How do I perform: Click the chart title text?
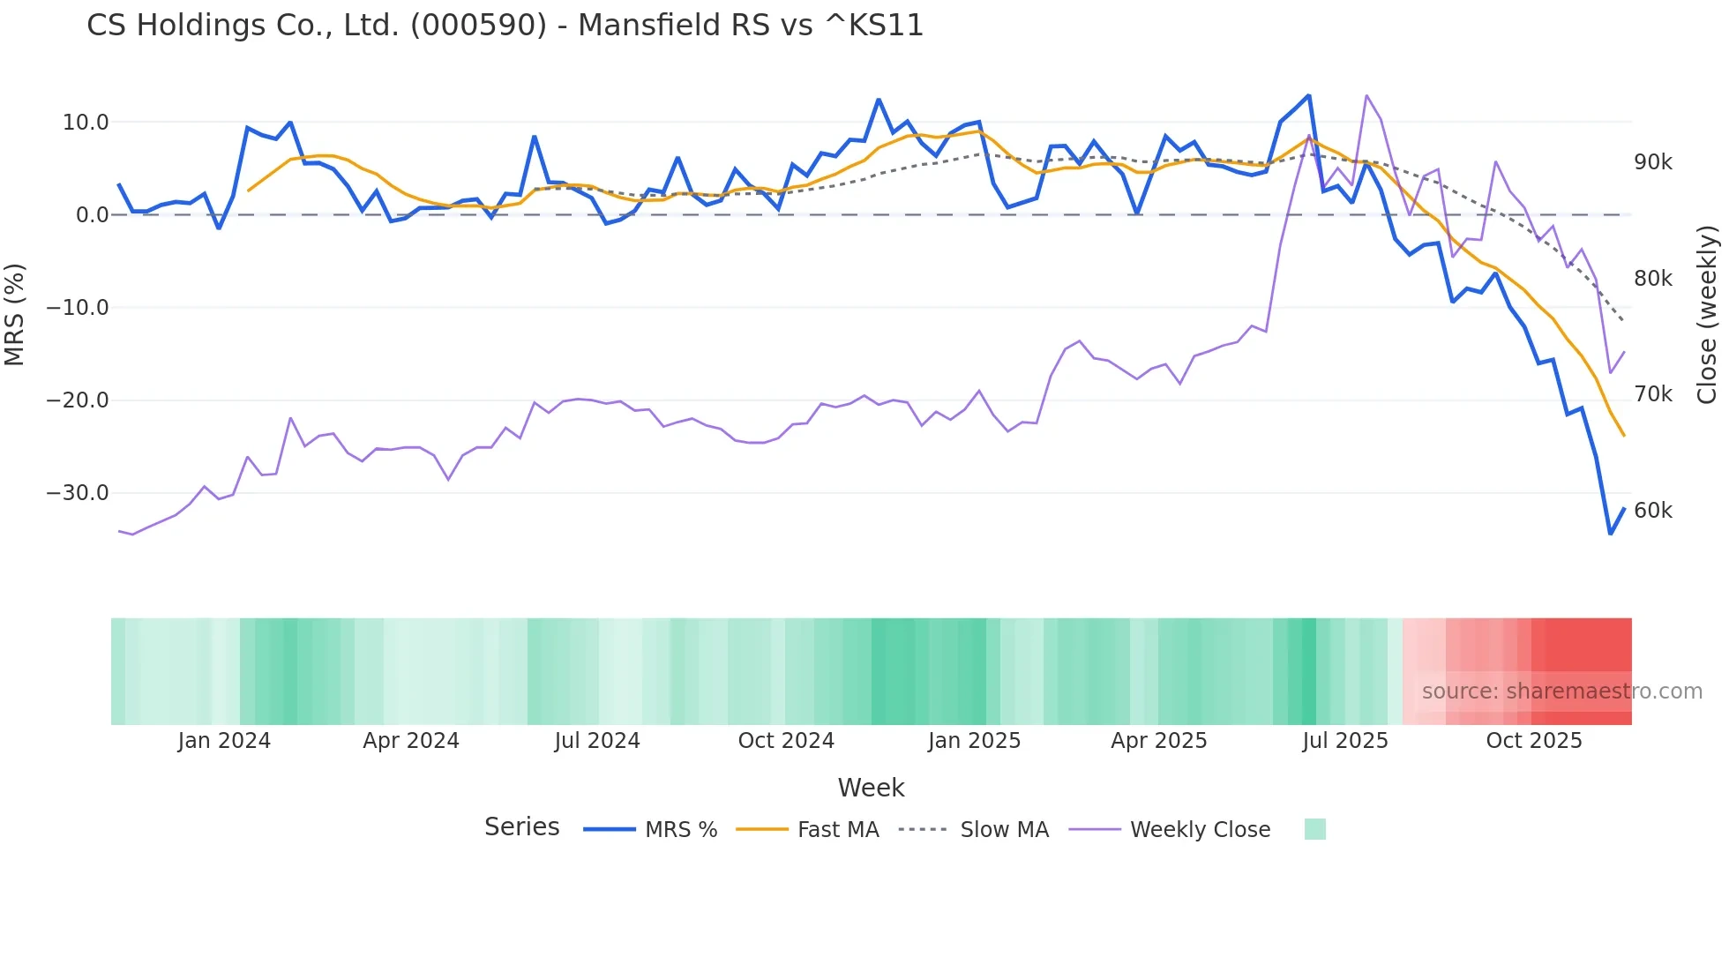click(x=505, y=26)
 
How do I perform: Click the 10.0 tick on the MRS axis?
click(x=86, y=123)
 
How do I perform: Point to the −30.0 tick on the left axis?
click(x=78, y=493)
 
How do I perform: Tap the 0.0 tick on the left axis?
click(x=93, y=215)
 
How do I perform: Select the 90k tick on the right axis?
click(x=1652, y=162)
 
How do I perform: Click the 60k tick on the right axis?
click(x=1652, y=511)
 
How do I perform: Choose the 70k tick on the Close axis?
click(x=1652, y=394)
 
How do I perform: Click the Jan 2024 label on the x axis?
click(x=224, y=741)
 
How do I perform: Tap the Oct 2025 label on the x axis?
click(x=1533, y=741)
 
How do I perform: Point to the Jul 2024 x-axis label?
click(x=597, y=741)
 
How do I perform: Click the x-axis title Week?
click(x=871, y=788)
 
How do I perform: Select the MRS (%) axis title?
click(x=15, y=315)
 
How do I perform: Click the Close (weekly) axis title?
click(x=1707, y=315)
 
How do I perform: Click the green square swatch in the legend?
click(x=1314, y=829)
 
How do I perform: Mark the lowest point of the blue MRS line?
click(x=1610, y=534)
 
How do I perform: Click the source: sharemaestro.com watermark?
click(x=1561, y=692)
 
